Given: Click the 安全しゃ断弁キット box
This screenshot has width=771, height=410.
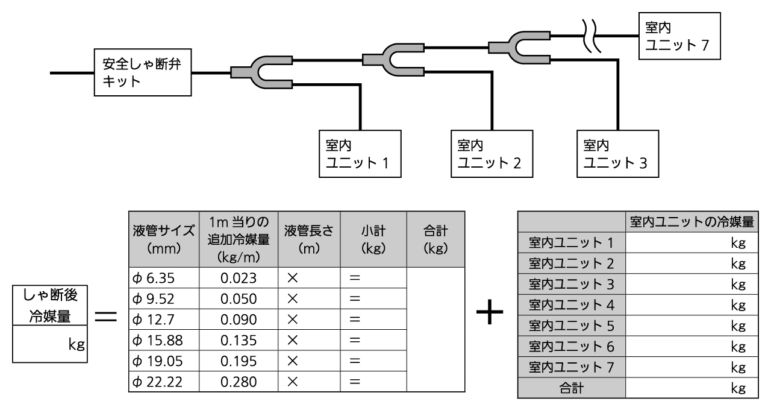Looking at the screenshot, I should point(143,74).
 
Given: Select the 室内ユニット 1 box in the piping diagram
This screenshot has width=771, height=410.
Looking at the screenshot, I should point(359,154).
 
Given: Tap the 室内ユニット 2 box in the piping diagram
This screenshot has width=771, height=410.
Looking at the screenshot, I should point(491,154).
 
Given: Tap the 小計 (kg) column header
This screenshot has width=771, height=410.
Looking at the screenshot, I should point(373,239).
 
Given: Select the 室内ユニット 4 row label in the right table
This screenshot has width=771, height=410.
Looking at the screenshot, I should point(571,304).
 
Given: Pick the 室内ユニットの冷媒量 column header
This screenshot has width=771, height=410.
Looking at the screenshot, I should point(691,221).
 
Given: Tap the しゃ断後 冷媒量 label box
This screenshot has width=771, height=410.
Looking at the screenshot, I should point(51,304).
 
